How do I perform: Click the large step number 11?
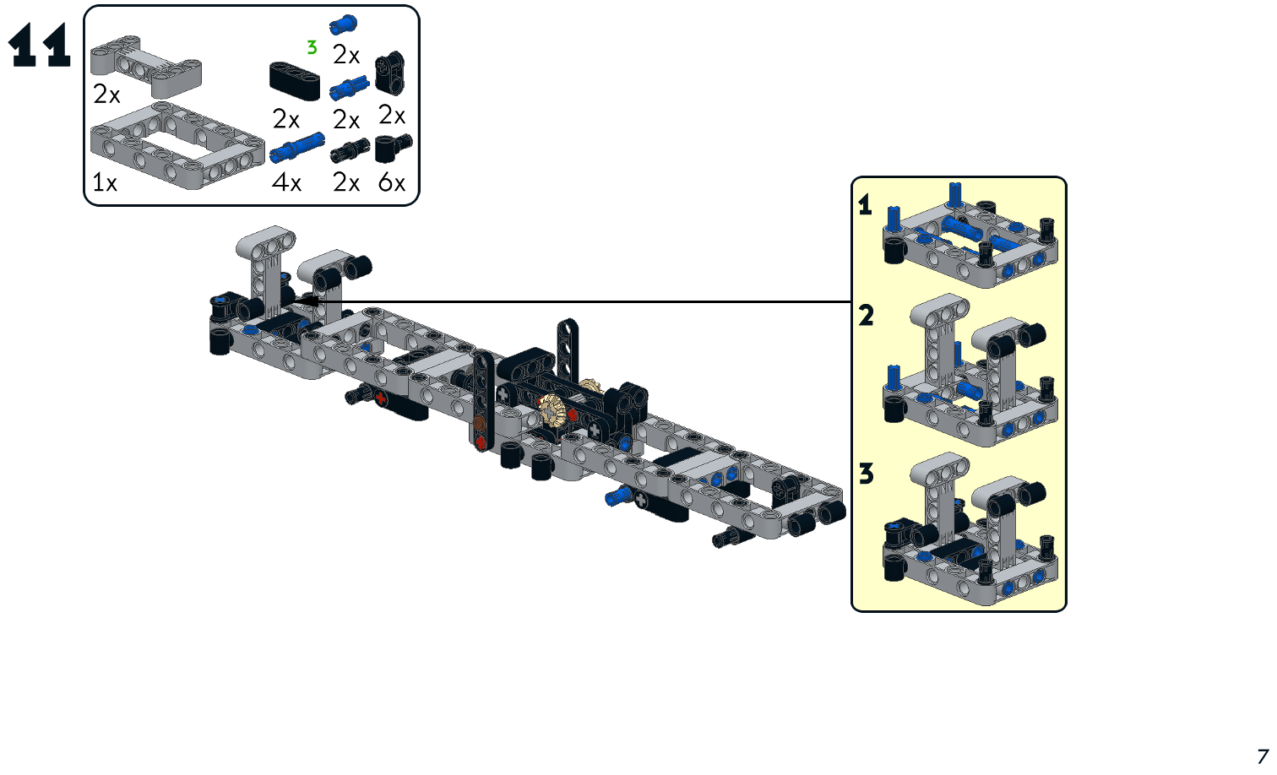[x=39, y=46]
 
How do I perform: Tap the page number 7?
[x=1262, y=756]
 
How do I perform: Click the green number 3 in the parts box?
[x=312, y=48]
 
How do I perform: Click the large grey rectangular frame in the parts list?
[x=177, y=144]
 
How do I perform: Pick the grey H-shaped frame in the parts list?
[x=146, y=65]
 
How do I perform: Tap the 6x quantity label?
[x=392, y=182]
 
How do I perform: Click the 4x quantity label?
[x=287, y=182]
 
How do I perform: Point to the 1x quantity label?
[x=105, y=182]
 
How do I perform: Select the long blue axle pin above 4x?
[x=296, y=148]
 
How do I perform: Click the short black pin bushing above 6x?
[x=392, y=148]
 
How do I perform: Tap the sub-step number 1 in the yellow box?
[x=865, y=205]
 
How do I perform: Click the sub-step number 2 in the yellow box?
[x=866, y=316]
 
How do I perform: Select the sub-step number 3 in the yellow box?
[x=866, y=474]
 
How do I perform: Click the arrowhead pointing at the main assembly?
[x=306, y=301]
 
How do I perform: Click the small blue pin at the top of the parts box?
[x=343, y=25]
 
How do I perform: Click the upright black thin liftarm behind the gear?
[x=568, y=346]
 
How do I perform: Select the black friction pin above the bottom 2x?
[x=350, y=150]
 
